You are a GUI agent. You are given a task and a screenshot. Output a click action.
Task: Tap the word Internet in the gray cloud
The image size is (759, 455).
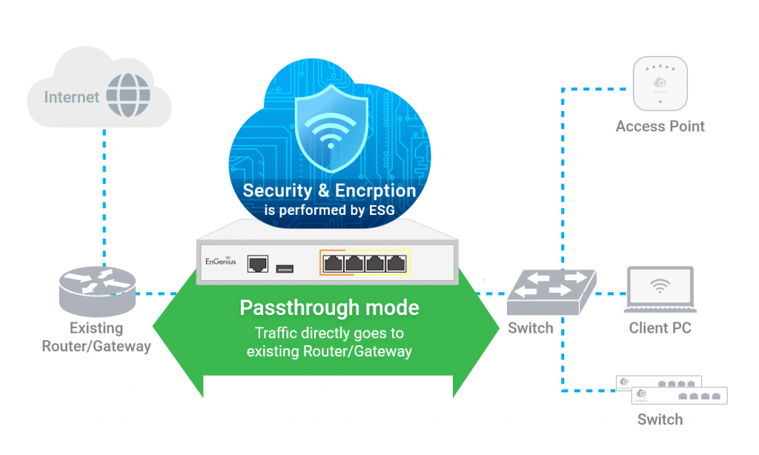[x=71, y=97]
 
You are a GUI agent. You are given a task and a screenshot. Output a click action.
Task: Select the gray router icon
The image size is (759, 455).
[x=96, y=290]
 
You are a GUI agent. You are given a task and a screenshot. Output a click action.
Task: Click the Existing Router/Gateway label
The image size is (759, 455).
[x=96, y=337]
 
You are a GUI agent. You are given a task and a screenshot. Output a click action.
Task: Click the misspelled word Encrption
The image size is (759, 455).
[x=377, y=190]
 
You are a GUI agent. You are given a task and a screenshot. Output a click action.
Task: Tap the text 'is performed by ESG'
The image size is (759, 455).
[x=329, y=210]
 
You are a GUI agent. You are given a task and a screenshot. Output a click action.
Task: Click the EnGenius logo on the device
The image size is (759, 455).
[x=222, y=262]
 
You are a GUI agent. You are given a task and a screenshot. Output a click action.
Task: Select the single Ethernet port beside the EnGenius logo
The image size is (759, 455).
[x=258, y=263]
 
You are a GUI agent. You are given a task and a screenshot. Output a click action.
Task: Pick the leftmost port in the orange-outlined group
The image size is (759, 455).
[x=334, y=262]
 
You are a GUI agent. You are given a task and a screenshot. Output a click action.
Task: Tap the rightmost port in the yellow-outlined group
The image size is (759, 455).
[x=397, y=262]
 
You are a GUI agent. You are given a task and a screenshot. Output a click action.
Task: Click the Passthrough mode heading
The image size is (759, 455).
[x=329, y=308]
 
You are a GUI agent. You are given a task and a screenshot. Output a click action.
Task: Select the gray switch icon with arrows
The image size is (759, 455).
[x=553, y=290]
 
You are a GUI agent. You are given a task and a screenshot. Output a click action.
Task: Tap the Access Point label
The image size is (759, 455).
[x=660, y=127]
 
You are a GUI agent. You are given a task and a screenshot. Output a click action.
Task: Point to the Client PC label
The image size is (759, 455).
[x=660, y=328]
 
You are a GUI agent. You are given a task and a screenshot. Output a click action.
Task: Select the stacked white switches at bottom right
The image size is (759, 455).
[x=672, y=389]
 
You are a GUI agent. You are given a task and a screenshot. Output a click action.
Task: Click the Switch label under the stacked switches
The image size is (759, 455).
[x=660, y=420]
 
